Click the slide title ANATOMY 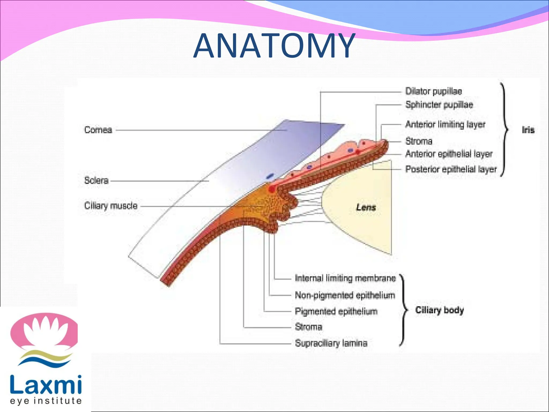274,46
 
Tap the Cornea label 98,130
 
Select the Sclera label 97,180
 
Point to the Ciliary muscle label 111,206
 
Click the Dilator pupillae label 433,91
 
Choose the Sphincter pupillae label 439,105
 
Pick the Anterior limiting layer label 445,124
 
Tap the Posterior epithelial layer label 451,169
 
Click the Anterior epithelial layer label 449,154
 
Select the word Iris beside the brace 528,130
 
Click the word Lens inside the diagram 366,207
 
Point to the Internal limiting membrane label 345,278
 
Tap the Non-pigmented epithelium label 345,295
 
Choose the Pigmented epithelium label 336,311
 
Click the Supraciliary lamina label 331,343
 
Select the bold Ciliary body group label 439,310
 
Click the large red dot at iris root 272,189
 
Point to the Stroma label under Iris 419,141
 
